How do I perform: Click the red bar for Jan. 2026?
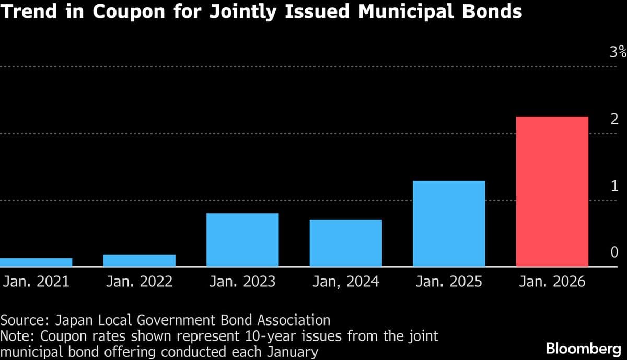pyautogui.click(x=552, y=191)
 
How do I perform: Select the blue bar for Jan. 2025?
pyautogui.click(x=449, y=224)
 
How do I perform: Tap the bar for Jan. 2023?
pyautogui.click(x=242, y=240)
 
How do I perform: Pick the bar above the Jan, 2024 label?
pyautogui.click(x=345, y=243)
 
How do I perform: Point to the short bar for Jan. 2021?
pyautogui.click(x=36, y=262)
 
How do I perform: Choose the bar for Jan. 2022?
pyautogui.click(x=139, y=261)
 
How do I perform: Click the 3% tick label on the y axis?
pyautogui.click(x=618, y=52)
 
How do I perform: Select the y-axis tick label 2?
pyautogui.click(x=614, y=119)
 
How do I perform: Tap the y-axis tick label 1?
pyautogui.click(x=614, y=186)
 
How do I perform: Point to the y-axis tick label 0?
pyautogui.click(x=614, y=253)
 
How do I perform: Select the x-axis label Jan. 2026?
pyautogui.click(x=552, y=282)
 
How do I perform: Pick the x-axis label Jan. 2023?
pyautogui.click(x=242, y=282)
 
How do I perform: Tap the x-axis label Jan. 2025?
pyautogui.click(x=449, y=282)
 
